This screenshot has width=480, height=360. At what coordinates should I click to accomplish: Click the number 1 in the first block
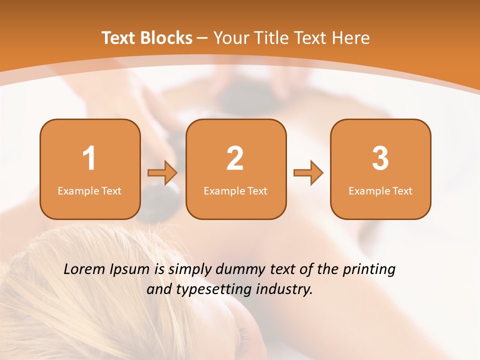(x=89, y=158)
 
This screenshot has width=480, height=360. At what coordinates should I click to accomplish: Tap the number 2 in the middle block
(x=235, y=158)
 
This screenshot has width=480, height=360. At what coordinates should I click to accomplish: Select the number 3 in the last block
(x=380, y=158)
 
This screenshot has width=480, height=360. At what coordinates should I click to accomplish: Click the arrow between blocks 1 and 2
(x=162, y=173)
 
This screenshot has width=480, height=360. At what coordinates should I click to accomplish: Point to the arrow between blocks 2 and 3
(x=308, y=173)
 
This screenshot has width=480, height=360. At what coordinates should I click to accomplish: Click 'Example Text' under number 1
(x=89, y=190)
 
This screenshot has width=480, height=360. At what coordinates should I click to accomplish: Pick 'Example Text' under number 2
(x=235, y=190)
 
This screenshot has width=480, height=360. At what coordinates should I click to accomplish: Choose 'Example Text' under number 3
(x=380, y=190)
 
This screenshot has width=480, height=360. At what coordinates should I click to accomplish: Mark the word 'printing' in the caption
(x=369, y=270)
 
